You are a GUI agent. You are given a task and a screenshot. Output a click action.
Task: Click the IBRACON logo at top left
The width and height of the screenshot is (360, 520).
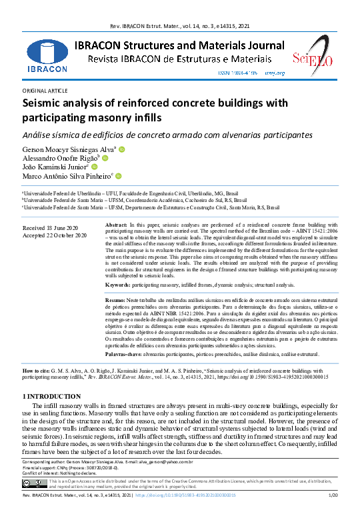(47, 51)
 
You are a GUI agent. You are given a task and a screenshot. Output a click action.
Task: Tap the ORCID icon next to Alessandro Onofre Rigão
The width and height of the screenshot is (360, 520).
(105, 159)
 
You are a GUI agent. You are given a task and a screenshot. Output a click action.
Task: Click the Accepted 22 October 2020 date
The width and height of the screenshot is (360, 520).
(55, 235)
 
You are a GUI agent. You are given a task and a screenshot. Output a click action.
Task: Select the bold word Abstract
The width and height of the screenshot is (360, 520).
(117, 227)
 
